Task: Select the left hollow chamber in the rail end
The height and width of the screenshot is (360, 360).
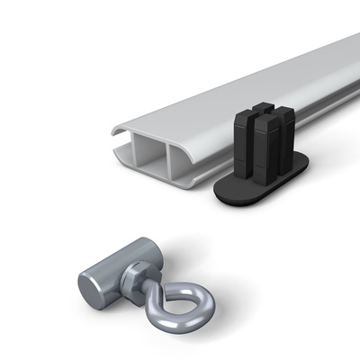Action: (149, 157)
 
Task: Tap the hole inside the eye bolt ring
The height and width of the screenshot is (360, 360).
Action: (184, 303)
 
